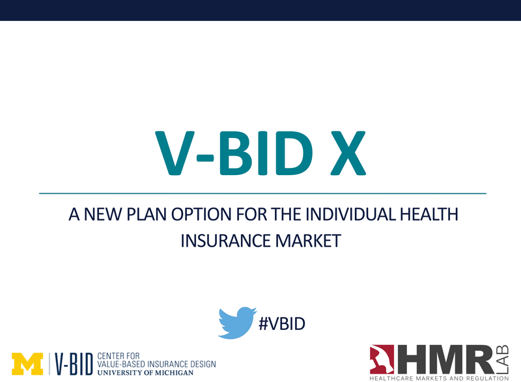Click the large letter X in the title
pos(348,153)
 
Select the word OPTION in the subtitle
pos(202,214)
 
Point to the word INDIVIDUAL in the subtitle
pos(350,214)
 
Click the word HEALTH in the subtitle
pos(429,214)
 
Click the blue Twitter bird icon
pos(236,323)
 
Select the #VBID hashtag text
pos(282,323)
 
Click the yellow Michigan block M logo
pos(27,364)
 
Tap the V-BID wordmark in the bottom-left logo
pos(74,364)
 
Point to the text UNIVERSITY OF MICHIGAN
pos(145,373)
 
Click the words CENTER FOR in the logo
pos(119,356)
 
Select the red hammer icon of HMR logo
pos(382,360)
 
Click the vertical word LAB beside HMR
pos(503,359)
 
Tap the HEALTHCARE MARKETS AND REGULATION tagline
pos(439,378)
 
